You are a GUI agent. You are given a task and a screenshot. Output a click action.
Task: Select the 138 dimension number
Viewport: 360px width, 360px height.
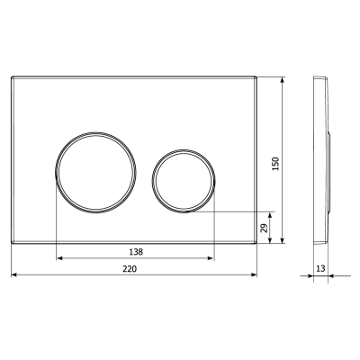pos(135,251)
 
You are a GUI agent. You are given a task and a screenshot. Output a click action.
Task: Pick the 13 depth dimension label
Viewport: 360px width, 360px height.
pos(321,269)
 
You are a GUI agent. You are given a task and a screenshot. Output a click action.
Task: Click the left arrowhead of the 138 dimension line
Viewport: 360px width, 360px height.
pos(59,258)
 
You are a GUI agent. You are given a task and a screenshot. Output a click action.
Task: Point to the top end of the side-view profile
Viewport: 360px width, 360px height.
pos(317,78)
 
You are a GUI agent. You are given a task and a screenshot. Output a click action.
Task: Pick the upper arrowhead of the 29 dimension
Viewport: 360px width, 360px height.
pos(283,215)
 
